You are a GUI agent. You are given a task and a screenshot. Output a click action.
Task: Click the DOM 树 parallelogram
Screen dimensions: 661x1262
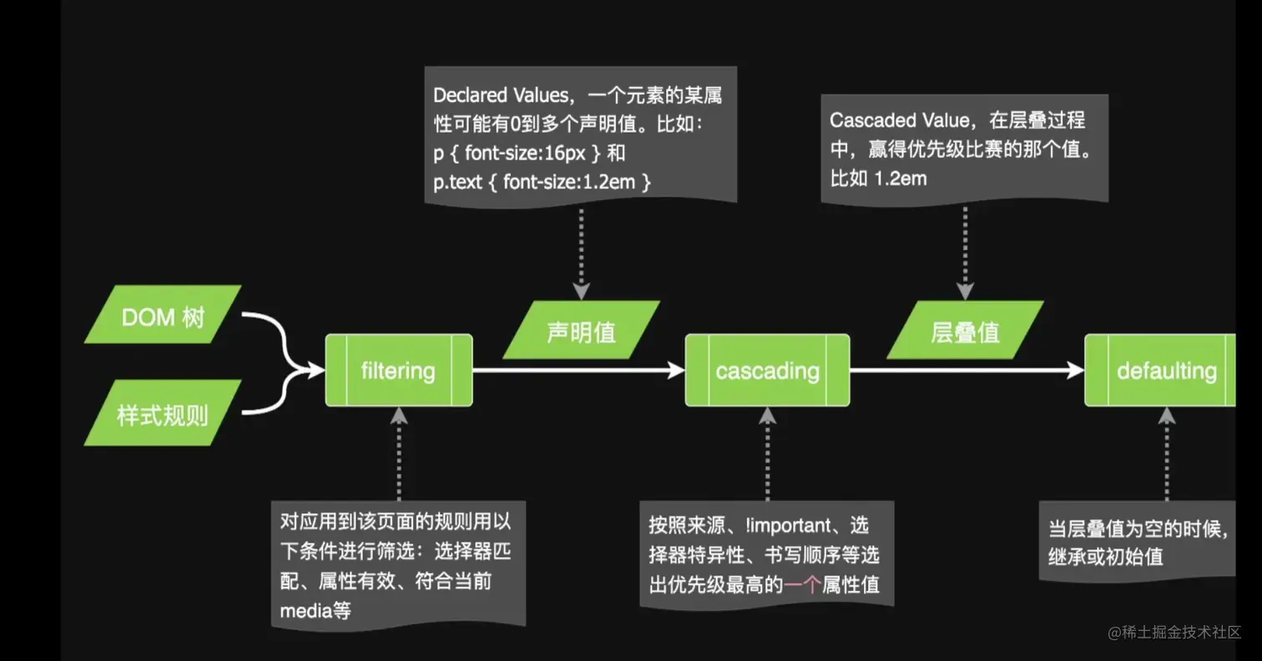pos(163,315)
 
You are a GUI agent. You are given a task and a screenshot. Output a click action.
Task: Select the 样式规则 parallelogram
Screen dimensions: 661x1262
pos(163,413)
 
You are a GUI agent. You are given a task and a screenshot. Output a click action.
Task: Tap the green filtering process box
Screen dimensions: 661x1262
pos(399,371)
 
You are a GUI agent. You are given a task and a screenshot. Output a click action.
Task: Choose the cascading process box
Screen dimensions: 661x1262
pos(767,371)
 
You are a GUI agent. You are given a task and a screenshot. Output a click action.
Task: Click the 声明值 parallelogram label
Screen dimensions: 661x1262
pos(582,331)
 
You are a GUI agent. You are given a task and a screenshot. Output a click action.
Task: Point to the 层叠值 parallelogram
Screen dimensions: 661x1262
pos(965,331)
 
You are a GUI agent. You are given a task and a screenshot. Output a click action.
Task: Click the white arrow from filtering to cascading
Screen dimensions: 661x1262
pos(576,371)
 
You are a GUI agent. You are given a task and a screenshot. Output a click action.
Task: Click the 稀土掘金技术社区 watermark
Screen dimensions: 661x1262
pos(1175,633)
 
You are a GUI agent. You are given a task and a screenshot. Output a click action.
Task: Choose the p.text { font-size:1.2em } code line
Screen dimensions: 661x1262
pos(541,181)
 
